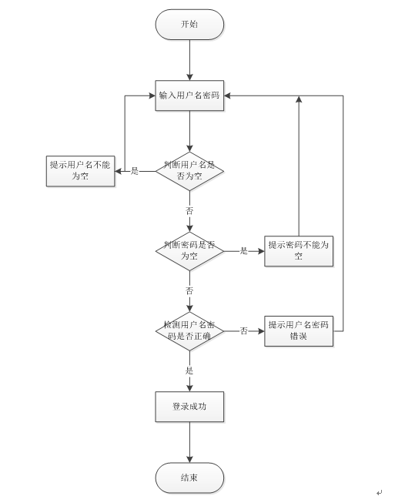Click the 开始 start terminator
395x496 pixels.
coord(189,24)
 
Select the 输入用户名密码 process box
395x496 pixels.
coord(189,96)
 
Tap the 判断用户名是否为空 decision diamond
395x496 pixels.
coord(189,170)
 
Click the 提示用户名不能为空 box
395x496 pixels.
coord(81,170)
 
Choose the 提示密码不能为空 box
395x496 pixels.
coord(299,250)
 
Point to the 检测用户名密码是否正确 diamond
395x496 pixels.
coord(189,331)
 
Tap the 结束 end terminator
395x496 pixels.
coord(189,478)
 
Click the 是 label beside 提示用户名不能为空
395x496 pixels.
coord(135,171)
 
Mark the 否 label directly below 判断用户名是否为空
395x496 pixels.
coord(189,210)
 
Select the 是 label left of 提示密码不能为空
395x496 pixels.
coord(243,251)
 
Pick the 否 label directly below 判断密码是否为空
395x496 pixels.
coord(189,291)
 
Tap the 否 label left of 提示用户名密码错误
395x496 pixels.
coord(243,331)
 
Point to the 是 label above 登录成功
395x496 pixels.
coord(189,370)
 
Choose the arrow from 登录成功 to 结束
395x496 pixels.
coord(189,442)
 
